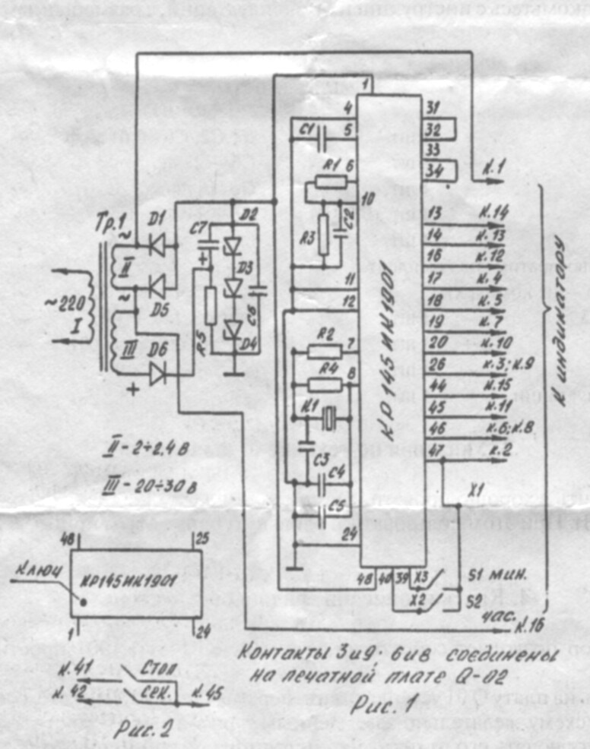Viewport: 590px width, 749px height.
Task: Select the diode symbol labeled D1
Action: point(158,244)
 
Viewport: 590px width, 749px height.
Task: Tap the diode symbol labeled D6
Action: point(158,373)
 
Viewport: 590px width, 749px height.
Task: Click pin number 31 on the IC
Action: point(431,106)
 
